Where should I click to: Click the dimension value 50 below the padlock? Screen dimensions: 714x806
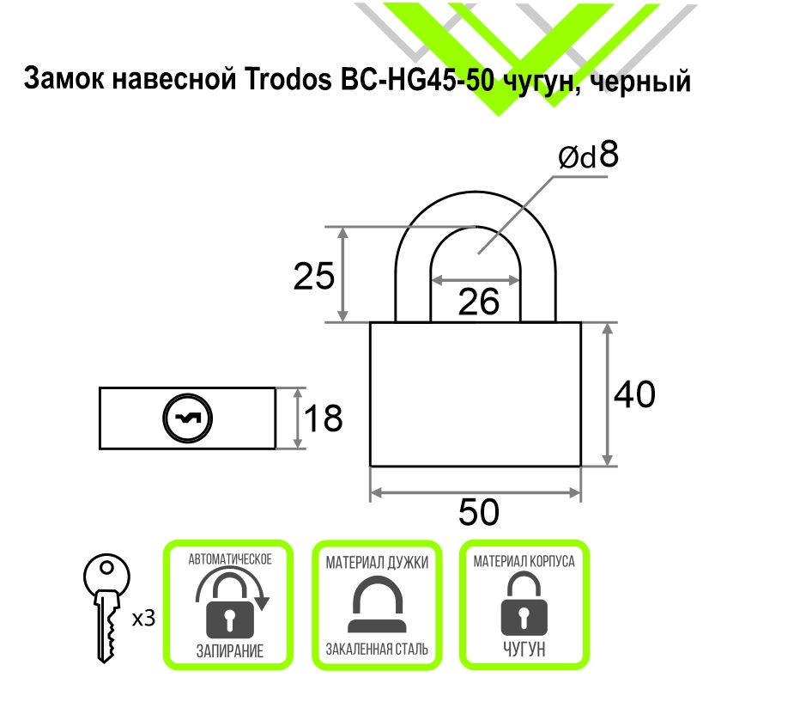(x=478, y=513)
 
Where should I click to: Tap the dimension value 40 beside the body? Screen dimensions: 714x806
(x=634, y=394)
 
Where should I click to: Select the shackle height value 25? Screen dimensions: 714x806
(x=313, y=278)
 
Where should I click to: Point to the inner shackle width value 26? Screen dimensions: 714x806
(x=478, y=302)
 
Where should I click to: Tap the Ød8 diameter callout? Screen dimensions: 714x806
(x=588, y=156)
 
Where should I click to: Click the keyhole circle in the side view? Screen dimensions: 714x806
(x=188, y=418)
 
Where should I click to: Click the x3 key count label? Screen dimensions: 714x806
(x=143, y=618)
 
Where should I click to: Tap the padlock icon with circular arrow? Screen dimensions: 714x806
(x=229, y=604)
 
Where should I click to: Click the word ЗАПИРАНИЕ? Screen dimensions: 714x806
(x=229, y=650)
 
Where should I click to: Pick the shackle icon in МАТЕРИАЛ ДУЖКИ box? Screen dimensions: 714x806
(x=377, y=606)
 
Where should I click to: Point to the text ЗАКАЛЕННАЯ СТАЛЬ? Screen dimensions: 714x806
(x=377, y=650)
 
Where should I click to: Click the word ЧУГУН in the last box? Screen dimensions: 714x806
(x=524, y=650)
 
